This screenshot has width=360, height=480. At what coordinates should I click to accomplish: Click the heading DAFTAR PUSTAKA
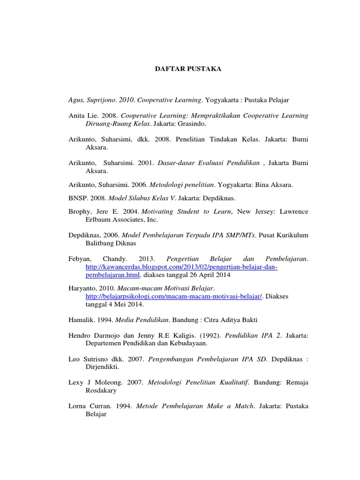188,69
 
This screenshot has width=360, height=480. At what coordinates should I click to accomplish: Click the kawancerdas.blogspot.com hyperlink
181,267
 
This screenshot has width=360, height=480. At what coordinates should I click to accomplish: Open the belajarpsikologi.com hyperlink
174,297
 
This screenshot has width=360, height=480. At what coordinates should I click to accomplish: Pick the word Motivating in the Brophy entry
157,212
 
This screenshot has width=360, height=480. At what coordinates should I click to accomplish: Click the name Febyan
80,259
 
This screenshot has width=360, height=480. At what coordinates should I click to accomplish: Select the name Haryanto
82,289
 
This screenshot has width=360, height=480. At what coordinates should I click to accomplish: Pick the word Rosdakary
101,390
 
